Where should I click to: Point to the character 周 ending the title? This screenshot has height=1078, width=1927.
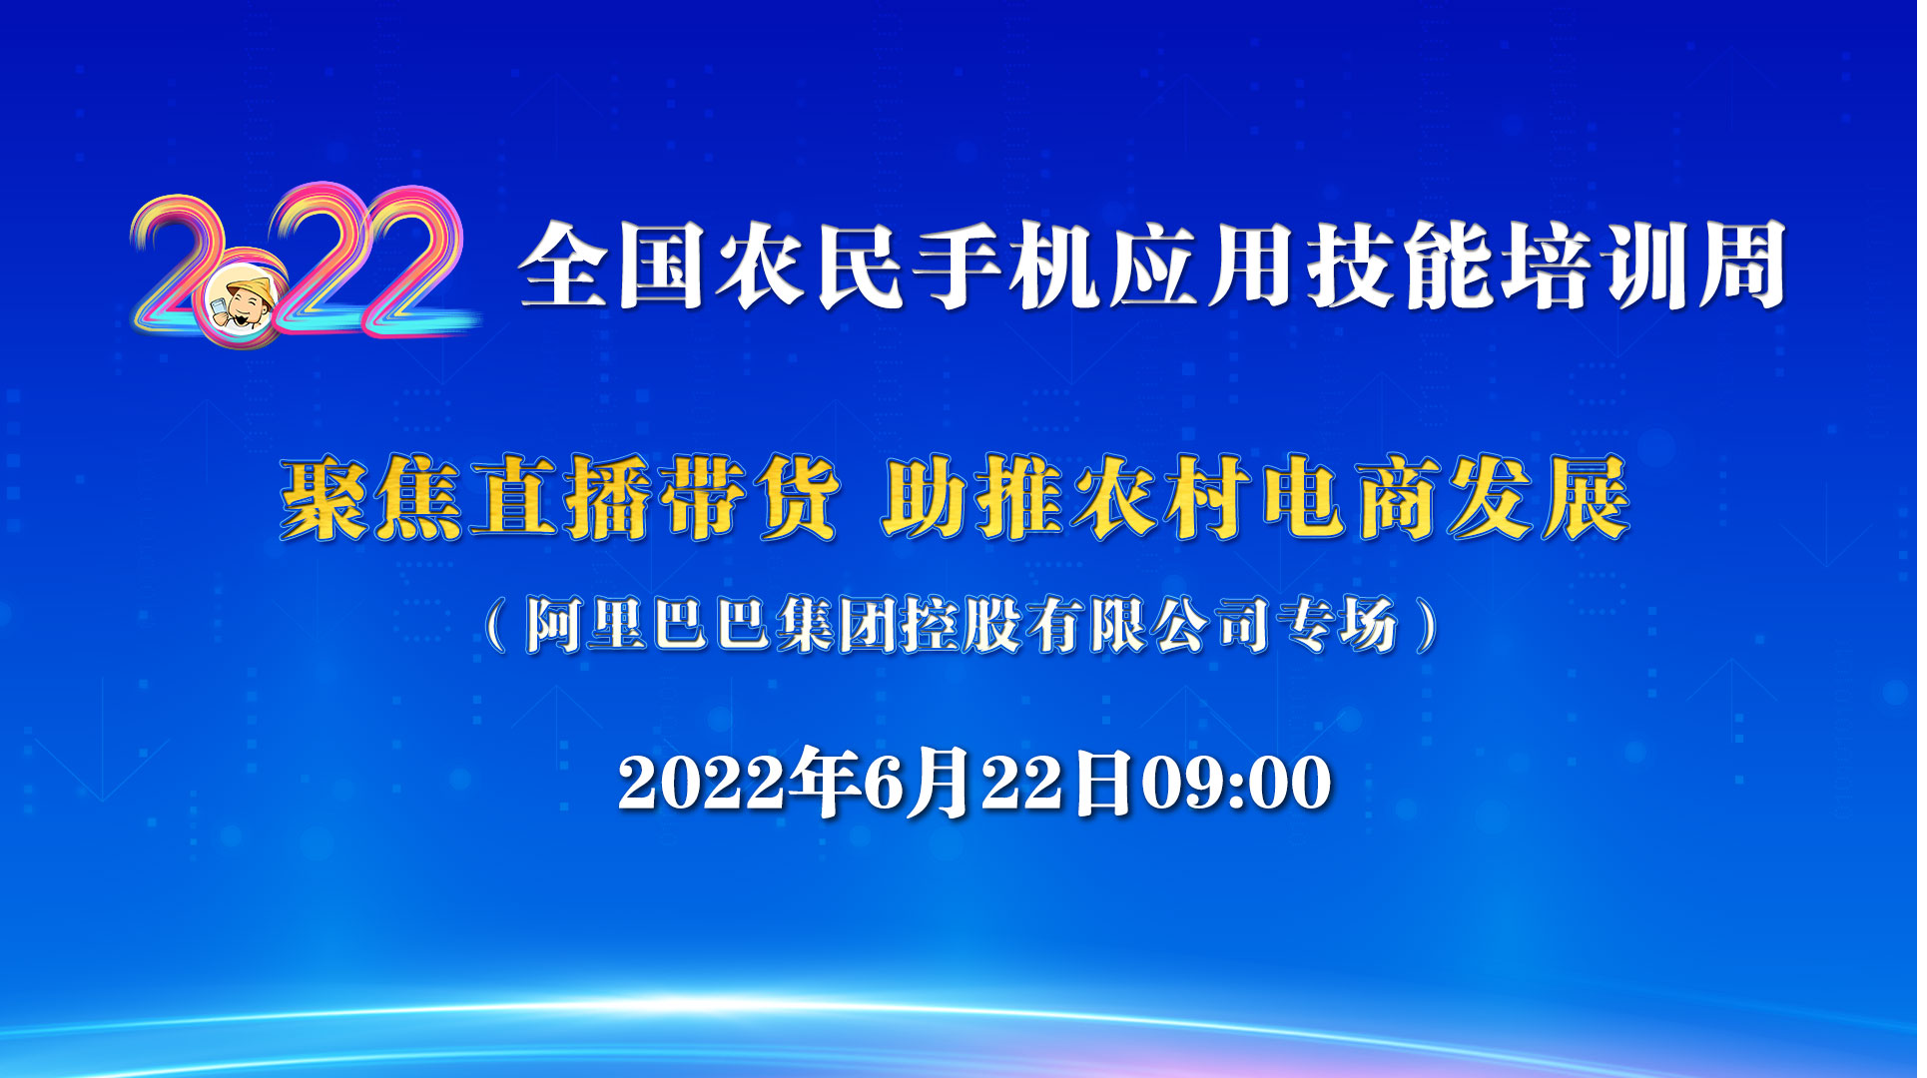tap(1740, 265)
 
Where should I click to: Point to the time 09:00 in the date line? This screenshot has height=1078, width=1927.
tap(1236, 783)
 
